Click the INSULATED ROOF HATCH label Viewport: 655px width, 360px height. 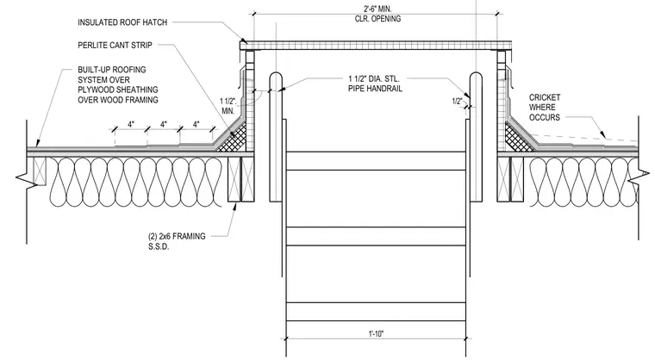(122, 22)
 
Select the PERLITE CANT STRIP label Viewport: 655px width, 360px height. (115, 45)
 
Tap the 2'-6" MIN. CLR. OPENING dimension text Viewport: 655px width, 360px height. (377, 14)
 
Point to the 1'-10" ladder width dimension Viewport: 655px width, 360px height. (376, 333)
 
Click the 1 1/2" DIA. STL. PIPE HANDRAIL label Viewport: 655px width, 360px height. (375, 84)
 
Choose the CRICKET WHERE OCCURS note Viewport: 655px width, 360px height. (545, 108)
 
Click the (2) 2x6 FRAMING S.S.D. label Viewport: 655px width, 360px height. (177, 241)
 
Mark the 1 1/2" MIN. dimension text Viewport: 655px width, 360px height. (228, 106)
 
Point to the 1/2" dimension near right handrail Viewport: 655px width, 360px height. (457, 101)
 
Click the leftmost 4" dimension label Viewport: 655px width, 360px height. (131, 125)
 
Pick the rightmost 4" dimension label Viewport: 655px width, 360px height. (196, 125)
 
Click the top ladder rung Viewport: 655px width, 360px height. (376, 161)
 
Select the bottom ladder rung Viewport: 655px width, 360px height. (376, 312)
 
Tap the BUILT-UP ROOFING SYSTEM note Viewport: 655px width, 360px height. (118, 84)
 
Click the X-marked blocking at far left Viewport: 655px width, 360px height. (40, 171)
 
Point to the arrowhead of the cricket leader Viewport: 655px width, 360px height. (602, 135)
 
